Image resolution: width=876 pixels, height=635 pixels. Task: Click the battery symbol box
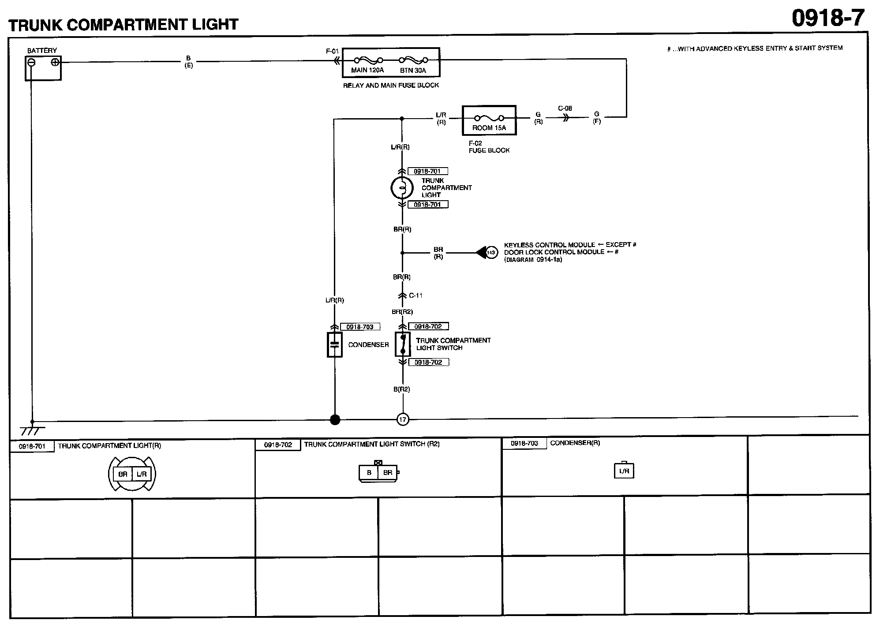coord(43,68)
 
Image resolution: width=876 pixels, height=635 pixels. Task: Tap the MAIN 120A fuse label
coord(367,70)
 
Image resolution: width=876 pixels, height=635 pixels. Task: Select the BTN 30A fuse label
coord(413,70)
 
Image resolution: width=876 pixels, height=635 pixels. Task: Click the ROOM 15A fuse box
coord(489,120)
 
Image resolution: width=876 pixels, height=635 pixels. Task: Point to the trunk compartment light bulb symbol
coord(401,188)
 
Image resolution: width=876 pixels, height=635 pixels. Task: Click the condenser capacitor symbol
coord(335,345)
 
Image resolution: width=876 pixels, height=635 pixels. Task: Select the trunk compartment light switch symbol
coord(402,344)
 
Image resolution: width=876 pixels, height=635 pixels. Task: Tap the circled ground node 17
coord(403,419)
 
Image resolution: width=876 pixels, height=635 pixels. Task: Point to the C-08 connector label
coord(565,108)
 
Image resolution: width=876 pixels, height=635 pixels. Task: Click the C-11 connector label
coord(416,295)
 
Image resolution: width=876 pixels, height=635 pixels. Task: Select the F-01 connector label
coord(332,52)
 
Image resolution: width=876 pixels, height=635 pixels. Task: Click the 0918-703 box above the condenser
coord(360,327)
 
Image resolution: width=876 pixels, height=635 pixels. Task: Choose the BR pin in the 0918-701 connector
coord(123,474)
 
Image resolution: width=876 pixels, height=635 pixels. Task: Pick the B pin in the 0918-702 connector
coord(369,473)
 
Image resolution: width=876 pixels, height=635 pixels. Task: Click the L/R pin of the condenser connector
coord(624,471)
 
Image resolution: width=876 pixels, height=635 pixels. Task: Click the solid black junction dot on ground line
coord(335,420)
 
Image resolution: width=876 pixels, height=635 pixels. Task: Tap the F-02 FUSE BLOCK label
coord(489,147)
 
